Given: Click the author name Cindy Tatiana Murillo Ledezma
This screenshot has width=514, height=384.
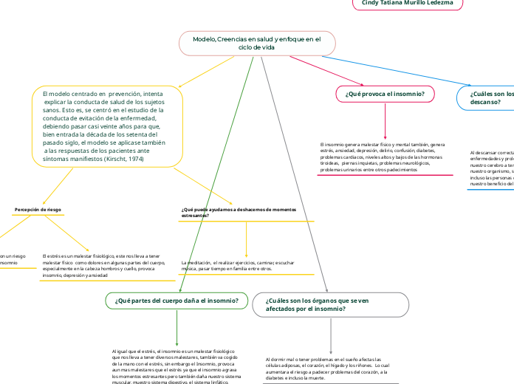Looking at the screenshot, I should pos(407,4).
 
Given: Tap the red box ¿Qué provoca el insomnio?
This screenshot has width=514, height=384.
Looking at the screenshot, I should pos(385,94).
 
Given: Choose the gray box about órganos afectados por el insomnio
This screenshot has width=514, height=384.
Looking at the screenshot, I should pos(330,304).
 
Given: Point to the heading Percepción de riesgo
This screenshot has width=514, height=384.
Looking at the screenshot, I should pos(38,210).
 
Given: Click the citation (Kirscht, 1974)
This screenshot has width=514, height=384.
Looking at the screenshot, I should pos(123,159).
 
